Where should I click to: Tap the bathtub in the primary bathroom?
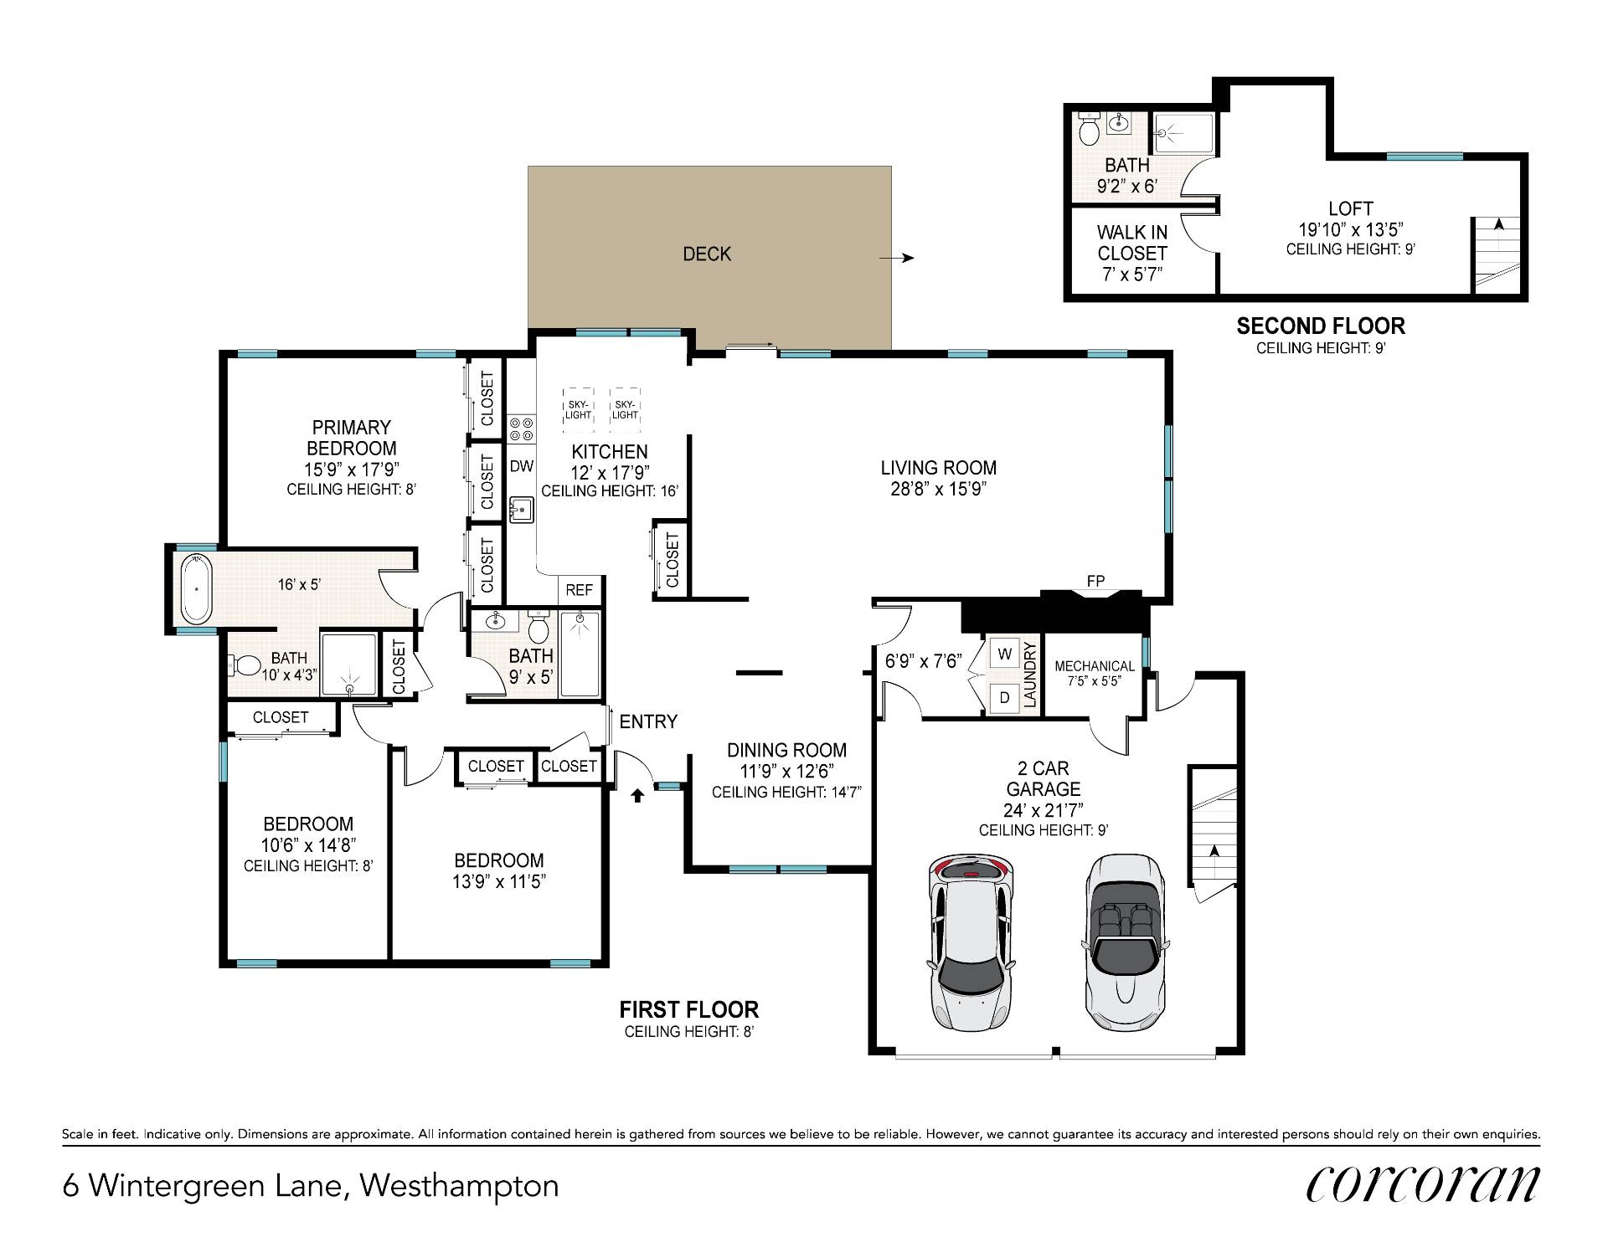coord(197,589)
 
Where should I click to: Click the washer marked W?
coord(1005,654)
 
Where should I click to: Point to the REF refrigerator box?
coord(580,590)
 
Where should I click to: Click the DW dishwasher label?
coord(522,466)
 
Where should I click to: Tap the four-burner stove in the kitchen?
coord(522,429)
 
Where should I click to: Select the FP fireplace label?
coord(1095,581)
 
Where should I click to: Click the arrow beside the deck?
coord(896,259)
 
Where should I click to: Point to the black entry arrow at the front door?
coord(637,794)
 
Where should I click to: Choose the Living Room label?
coord(939,468)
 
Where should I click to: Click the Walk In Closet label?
coord(1132,243)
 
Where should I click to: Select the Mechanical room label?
coord(1095,666)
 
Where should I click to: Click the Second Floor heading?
coord(1321,326)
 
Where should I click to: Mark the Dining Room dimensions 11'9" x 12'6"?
coord(786,771)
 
